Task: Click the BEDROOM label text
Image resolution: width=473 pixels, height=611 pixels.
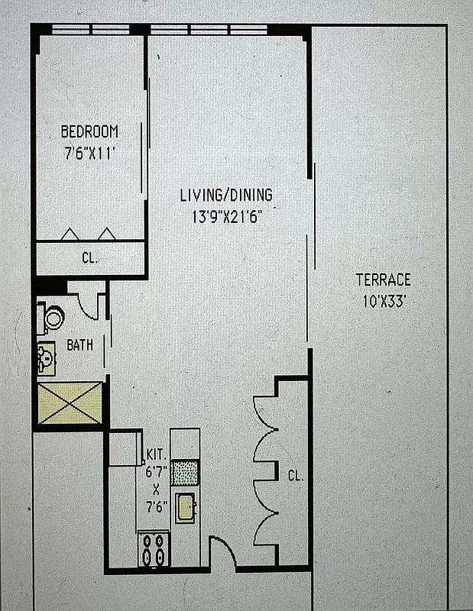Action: coord(89,131)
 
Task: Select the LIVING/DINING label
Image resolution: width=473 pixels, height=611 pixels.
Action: coord(225,196)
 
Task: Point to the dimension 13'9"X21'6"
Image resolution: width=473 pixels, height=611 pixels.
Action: coord(225,216)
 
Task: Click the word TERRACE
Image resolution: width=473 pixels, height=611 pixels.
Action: coord(383,280)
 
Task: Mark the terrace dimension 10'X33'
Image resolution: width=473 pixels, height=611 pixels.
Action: coord(383,300)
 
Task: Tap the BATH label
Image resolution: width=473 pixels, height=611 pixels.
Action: coord(79,345)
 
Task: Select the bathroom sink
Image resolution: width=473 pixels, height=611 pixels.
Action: coord(45,357)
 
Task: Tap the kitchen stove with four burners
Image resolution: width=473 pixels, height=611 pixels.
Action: coord(154,548)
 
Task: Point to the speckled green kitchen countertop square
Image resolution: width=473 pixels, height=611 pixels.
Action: coord(184,472)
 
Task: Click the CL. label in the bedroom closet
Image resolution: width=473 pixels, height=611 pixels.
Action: coord(89,258)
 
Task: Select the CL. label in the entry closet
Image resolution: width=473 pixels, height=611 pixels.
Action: coord(295,475)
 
